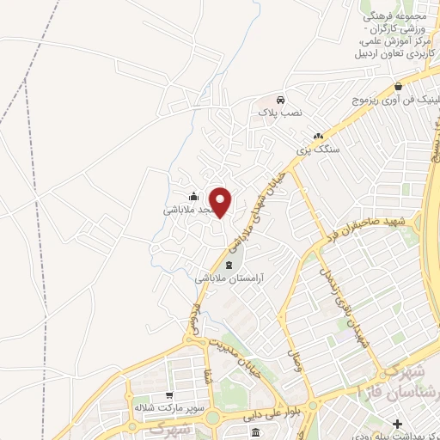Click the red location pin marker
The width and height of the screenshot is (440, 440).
click(x=221, y=203)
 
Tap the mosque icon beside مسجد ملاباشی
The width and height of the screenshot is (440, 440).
click(x=193, y=196)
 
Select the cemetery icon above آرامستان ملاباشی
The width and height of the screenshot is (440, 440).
click(x=229, y=265)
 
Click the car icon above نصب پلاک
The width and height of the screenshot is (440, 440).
click(x=280, y=99)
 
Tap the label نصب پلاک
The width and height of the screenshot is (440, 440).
click(x=278, y=113)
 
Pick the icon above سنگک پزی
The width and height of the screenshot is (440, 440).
click(x=319, y=136)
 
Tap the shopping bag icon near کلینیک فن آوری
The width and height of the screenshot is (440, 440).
click(x=399, y=86)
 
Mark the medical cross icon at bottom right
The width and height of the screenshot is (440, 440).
click(x=397, y=425)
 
